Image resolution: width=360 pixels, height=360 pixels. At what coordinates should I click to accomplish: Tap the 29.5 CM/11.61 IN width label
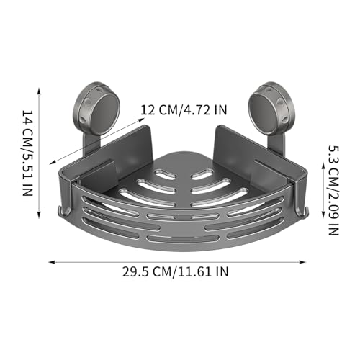pos(176,272)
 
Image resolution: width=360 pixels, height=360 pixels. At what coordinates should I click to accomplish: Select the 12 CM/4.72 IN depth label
pos(184,110)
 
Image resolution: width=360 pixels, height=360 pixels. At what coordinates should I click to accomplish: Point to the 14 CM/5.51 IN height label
pos(27,153)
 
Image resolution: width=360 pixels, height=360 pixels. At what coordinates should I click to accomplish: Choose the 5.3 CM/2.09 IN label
pos(333,190)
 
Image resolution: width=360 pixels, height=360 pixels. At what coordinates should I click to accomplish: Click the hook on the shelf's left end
pos(63,211)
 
